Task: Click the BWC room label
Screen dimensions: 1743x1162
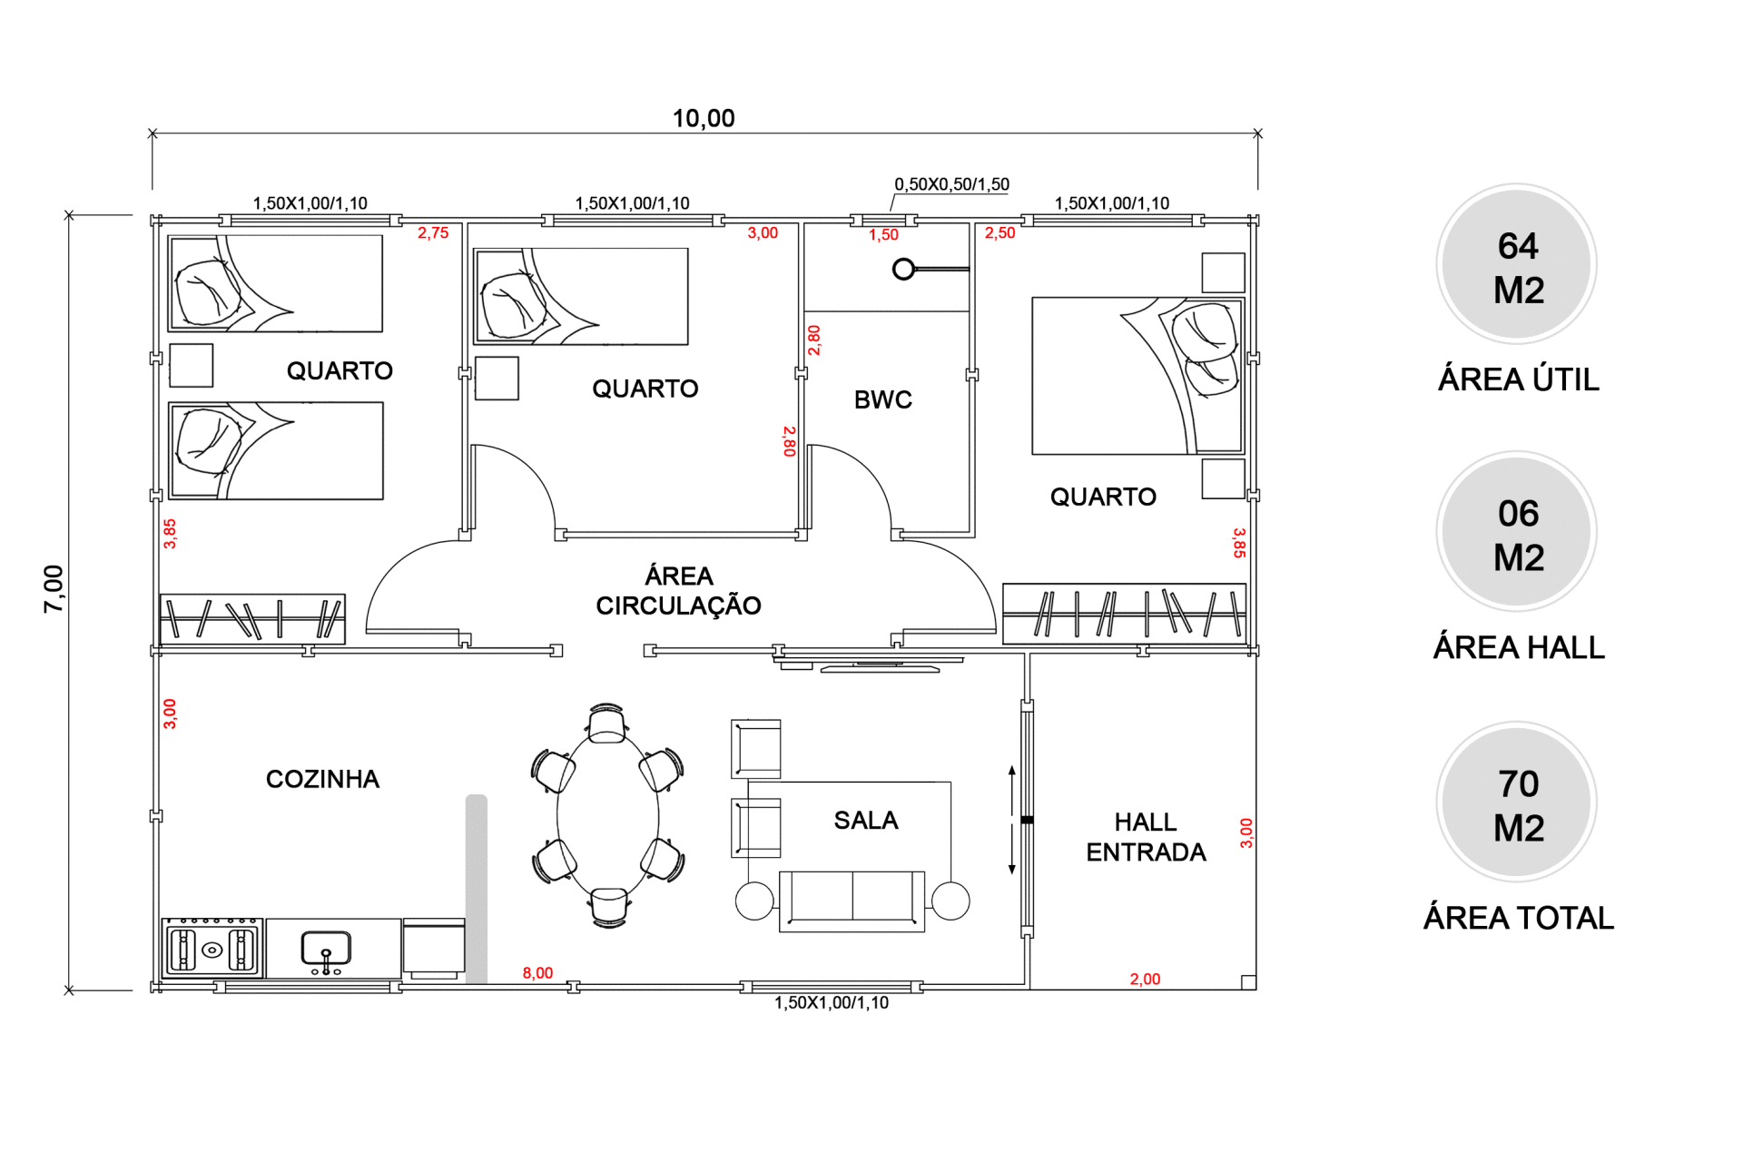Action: click(882, 399)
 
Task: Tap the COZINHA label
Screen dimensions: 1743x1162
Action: click(322, 779)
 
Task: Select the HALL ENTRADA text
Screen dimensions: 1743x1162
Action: click(1146, 837)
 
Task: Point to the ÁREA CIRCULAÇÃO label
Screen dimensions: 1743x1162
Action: click(678, 590)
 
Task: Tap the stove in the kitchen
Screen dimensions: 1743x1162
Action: click(212, 949)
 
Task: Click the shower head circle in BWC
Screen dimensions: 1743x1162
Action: click(903, 270)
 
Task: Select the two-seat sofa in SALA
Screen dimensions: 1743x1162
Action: click(852, 901)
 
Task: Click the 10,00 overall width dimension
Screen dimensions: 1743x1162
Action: click(704, 118)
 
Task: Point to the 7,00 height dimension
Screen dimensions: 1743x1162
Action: click(54, 588)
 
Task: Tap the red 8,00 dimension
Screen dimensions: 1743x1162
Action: click(537, 973)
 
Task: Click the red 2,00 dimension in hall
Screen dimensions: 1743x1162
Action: click(1145, 979)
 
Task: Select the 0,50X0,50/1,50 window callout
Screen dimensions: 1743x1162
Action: click(951, 184)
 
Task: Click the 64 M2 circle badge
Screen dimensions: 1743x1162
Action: click(1517, 264)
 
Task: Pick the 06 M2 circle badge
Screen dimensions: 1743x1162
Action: click(1517, 532)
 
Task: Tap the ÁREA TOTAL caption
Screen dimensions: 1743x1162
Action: click(1518, 918)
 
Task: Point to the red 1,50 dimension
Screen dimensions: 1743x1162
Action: click(883, 235)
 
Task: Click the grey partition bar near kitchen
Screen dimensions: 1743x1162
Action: click(477, 890)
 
